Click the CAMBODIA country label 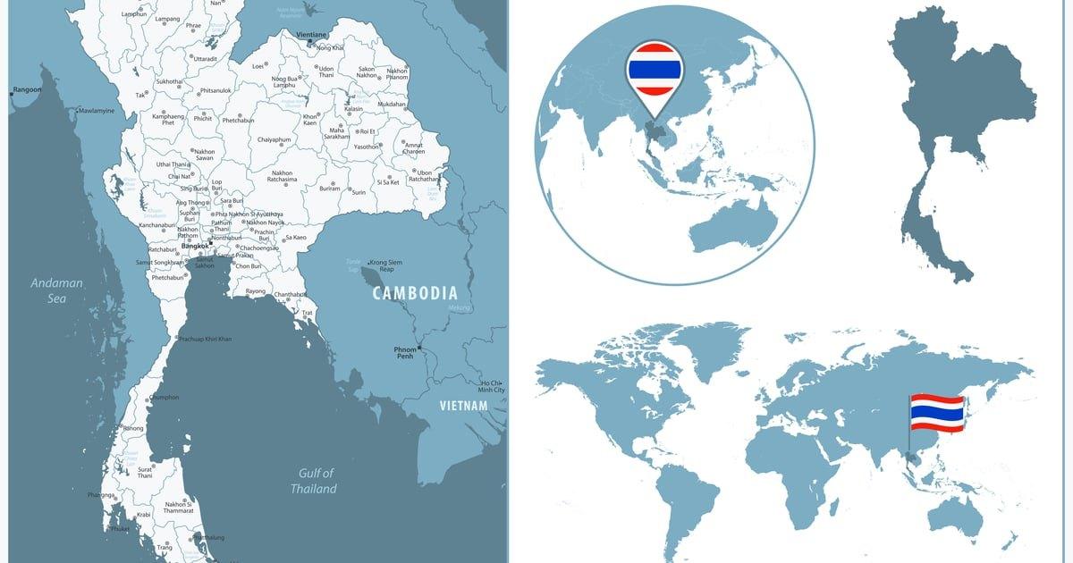click(415, 293)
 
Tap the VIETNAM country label click(463, 406)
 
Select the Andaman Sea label click(56, 290)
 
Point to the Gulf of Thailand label click(313, 481)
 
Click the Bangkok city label click(194, 246)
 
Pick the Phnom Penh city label click(404, 353)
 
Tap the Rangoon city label click(28, 90)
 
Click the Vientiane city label click(311, 34)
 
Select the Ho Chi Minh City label click(492, 386)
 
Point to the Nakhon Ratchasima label click(282, 176)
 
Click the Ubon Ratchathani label click(424, 176)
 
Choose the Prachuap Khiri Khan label click(206, 339)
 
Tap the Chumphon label click(165, 397)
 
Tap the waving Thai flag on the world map click(936, 413)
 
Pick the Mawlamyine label click(97, 111)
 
